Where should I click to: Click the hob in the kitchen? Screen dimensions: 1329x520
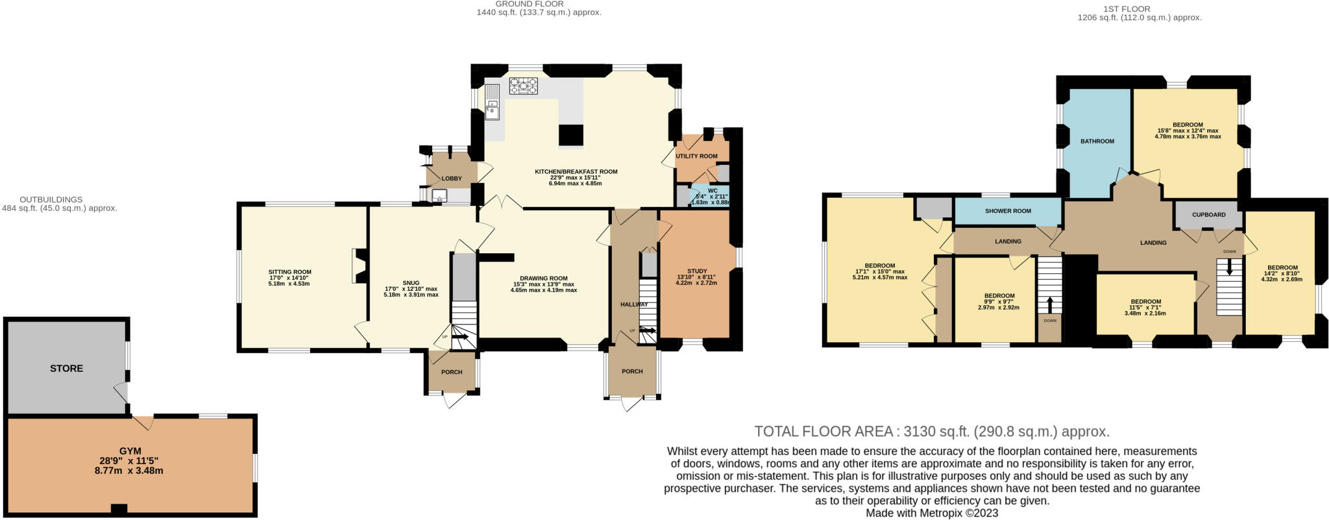pos(524,86)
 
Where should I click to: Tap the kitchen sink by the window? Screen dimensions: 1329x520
pos(493,106)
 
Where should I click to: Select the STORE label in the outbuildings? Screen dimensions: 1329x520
pos(67,368)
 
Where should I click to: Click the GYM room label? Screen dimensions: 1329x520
pos(130,451)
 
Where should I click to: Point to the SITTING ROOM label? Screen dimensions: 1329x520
pos(290,272)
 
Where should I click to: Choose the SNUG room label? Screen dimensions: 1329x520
pos(411,283)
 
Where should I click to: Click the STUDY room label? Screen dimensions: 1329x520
pos(697,271)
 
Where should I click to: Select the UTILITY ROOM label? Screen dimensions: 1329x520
pos(696,156)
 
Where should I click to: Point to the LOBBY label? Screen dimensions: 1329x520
pos(452,179)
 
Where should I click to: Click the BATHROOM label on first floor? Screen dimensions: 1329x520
pos(1097,141)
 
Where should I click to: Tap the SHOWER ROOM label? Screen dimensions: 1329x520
pos(1008,211)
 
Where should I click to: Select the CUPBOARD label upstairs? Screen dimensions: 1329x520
pos(1209,215)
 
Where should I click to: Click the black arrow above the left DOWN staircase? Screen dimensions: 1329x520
pos(1050,305)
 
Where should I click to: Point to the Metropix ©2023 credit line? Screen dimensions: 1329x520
pos(932,513)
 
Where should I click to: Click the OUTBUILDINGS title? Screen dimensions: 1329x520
pos(51,199)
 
